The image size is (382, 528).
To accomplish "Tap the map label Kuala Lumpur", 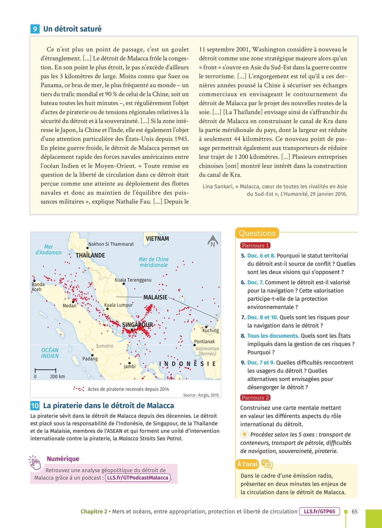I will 118,305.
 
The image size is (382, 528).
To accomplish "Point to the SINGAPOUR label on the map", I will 137,325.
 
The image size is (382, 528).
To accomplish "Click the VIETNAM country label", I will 157,238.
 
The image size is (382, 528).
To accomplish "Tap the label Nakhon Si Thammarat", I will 111,244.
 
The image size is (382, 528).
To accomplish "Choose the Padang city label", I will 90,359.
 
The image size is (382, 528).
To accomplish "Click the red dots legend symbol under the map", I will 78,389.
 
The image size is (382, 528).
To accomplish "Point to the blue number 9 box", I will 35,29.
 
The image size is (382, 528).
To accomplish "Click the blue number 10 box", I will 35,406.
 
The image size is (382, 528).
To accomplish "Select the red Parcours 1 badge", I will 255,245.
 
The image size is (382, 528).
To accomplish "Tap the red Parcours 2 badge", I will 255,398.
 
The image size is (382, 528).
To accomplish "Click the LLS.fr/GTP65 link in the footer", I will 319,511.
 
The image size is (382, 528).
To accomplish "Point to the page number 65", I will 354,511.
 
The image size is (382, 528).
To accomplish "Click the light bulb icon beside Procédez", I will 244,434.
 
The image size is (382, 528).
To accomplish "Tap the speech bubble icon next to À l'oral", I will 267,464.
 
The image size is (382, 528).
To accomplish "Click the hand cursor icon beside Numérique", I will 35,463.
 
